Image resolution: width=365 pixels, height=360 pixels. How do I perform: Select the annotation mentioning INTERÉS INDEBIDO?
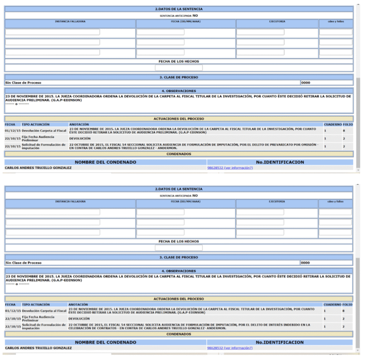click(x=190, y=327)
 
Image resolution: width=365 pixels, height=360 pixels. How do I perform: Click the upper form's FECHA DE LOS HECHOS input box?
click(x=179, y=68)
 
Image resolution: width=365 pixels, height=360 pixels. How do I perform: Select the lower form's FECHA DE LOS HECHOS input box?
click(x=179, y=248)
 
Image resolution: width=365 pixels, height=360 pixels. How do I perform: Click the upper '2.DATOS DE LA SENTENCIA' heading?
click(x=179, y=9)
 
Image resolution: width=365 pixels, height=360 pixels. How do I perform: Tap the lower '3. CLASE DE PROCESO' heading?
click(x=179, y=257)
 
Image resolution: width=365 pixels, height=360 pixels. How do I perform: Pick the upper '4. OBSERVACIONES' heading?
click(x=179, y=91)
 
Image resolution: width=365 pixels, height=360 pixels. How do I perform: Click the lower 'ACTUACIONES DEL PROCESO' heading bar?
click(x=179, y=299)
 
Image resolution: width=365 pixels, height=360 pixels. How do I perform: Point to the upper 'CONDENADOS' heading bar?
click(x=179, y=154)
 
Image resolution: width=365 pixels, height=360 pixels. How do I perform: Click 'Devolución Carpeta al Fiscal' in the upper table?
click(x=44, y=130)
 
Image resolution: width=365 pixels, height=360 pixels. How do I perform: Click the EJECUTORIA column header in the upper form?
click(x=277, y=21)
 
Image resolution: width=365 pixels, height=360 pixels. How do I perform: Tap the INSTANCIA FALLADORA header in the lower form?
click(x=70, y=202)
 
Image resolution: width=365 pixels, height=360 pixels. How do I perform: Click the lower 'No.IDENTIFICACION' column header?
click(x=279, y=342)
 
